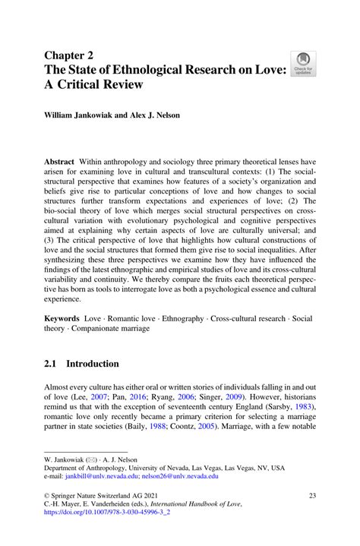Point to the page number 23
click(311, 495)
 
